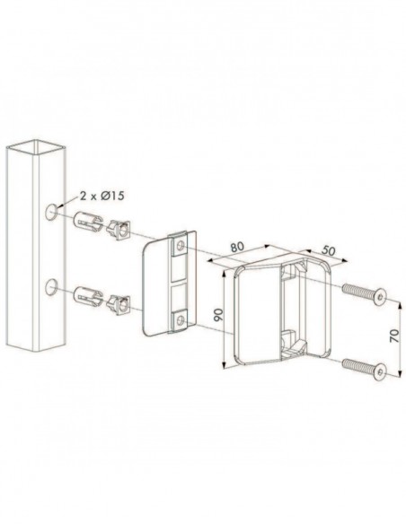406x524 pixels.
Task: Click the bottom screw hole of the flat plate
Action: point(181,319)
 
